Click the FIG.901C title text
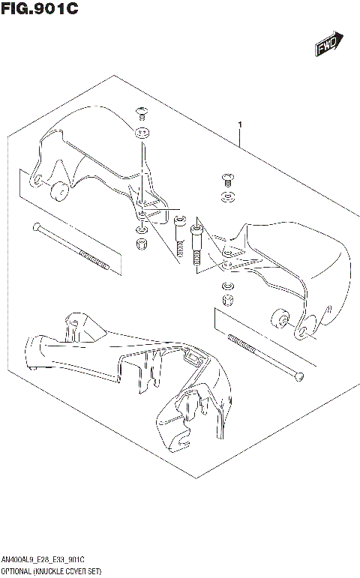39,10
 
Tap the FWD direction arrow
328,46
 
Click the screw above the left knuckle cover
141,113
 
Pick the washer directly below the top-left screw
142,135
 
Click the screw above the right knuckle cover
227,180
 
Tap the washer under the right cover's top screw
227,198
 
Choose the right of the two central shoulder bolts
197,241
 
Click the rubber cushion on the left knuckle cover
56,193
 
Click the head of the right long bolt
299,375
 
